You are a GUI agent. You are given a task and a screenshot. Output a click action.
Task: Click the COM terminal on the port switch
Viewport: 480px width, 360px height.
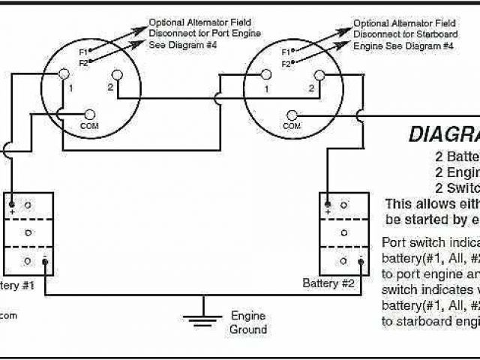(91, 114)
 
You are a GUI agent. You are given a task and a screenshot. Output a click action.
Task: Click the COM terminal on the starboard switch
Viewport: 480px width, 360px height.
(292, 114)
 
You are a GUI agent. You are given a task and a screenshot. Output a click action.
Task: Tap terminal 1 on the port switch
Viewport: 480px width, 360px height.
(64, 73)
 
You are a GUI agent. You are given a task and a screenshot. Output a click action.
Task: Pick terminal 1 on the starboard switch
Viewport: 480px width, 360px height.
(266, 73)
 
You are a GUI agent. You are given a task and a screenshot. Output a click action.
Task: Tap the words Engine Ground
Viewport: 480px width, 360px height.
(248, 322)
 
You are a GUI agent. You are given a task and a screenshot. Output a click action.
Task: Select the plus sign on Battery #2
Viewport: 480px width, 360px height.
(328, 212)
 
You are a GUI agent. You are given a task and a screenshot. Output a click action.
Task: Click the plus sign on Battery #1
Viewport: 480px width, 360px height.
(12, 212)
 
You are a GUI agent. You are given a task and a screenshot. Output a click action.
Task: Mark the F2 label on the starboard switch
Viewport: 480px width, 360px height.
(286, 64)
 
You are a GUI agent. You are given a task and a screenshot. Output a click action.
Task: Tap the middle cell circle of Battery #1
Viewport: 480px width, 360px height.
(28, 232)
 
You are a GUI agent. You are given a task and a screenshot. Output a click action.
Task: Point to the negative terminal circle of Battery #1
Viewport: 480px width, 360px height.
(44, 260)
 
